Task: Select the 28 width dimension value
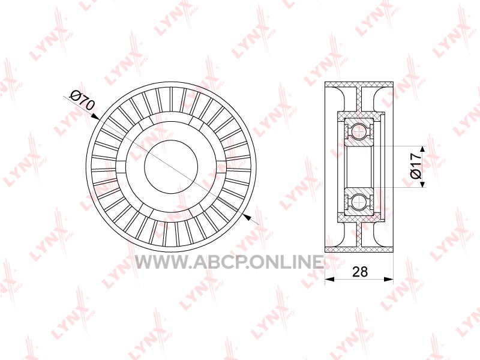[359, 272]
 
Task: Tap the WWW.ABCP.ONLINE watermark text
[229, 262]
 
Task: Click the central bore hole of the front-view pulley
[171, 167]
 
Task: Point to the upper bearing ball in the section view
[358, 132]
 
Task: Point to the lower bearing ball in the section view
[358, 202]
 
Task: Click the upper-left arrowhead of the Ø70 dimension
[95, 116]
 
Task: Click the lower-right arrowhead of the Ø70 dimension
[247, 218]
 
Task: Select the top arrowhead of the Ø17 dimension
[422, 149]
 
